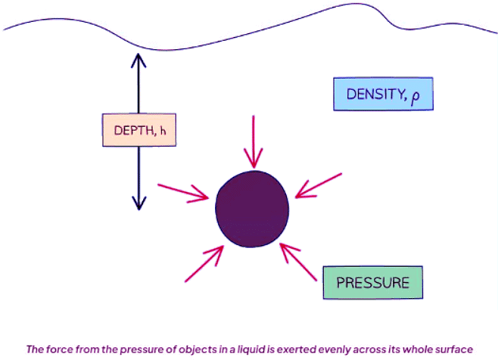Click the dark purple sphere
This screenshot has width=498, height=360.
coord(252,209)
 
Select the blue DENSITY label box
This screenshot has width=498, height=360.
coord(383,94)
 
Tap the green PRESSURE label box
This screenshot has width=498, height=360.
coord(372,282)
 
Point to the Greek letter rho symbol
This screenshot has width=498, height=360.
coord(414,95)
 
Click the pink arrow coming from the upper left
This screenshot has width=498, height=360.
coord(183,191)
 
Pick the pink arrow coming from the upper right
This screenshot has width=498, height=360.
coord(318,186)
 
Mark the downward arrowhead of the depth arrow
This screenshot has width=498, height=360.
coord(138,203)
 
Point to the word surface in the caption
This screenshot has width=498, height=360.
coord(453,349)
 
